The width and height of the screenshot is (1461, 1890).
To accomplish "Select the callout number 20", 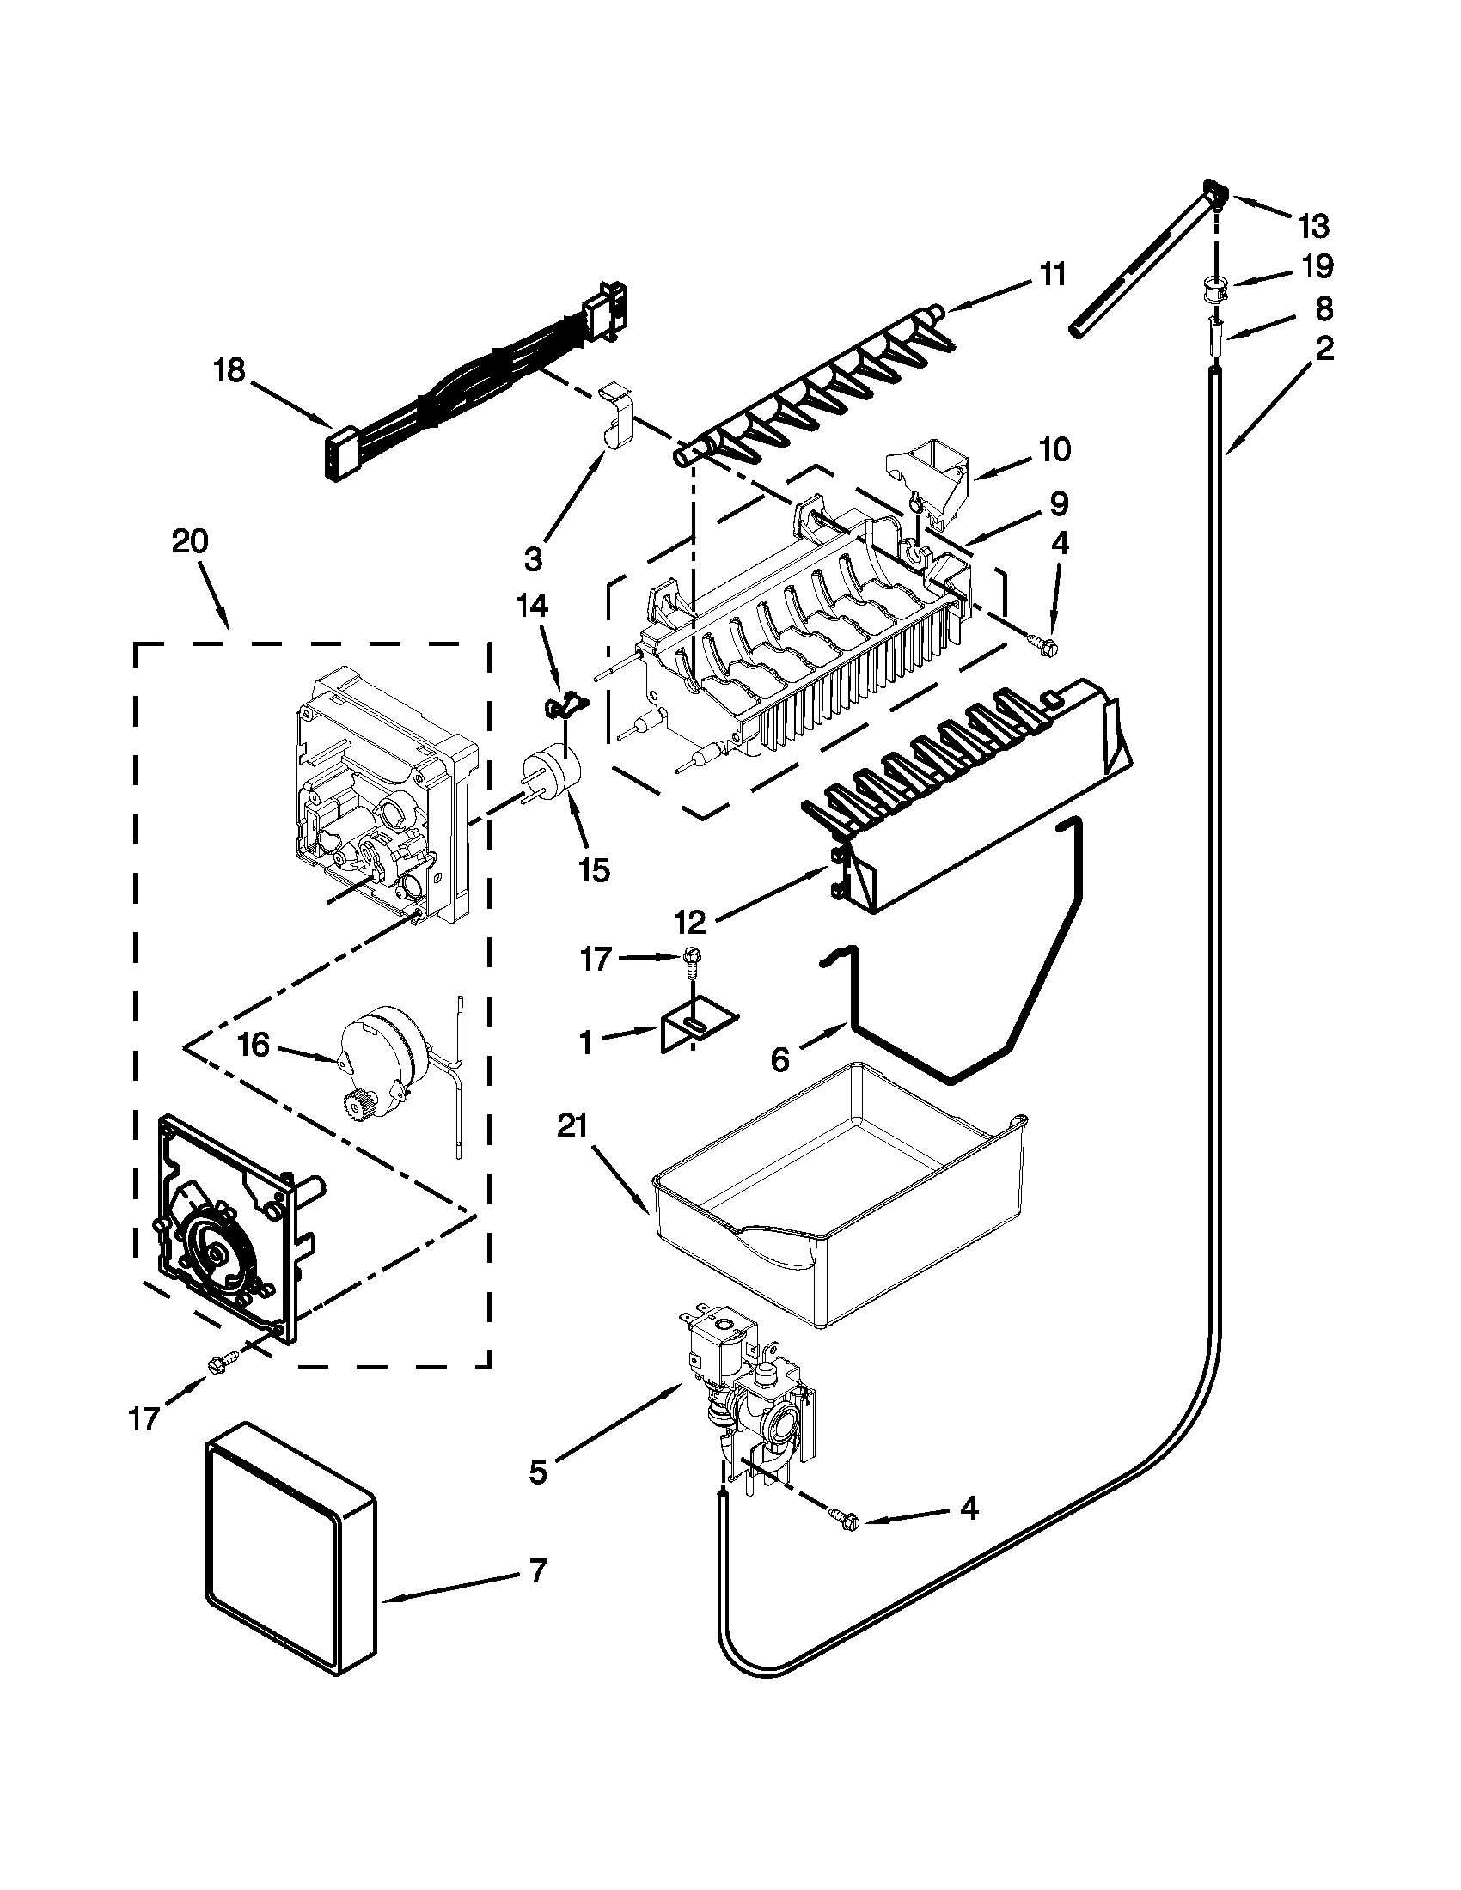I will (190, 542).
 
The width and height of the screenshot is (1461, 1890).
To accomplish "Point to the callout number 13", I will (1313, 227).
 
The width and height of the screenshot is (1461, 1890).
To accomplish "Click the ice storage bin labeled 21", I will (840, 1211).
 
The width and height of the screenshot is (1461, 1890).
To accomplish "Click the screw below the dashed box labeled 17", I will (216, 1365).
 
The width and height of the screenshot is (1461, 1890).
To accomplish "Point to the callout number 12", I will (691, 923).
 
